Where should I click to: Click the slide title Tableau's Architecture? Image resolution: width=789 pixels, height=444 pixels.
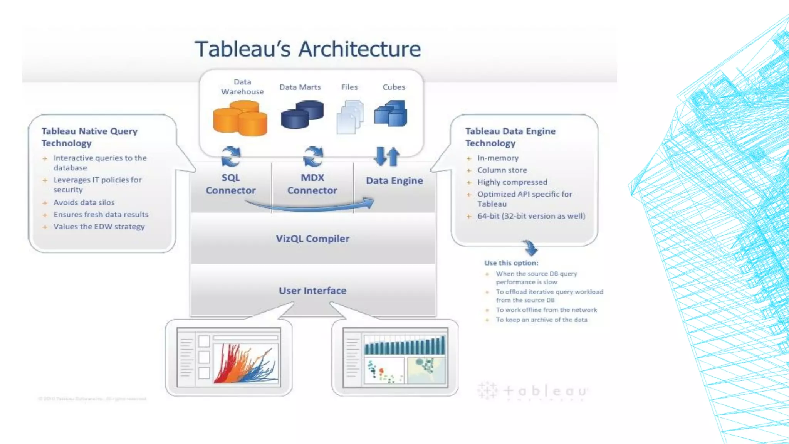click(307, 49)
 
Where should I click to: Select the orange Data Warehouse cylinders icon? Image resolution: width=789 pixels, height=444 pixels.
click(240, 118)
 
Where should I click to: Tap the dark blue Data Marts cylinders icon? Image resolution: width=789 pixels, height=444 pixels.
click(302, 114)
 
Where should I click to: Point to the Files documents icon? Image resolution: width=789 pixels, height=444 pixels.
click(350, 117)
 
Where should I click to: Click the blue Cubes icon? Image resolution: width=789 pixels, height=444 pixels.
click(391, 113)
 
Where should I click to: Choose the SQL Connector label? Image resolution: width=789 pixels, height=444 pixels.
click(230, 184)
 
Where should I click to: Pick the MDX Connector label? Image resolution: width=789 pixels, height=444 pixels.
click(312, 184)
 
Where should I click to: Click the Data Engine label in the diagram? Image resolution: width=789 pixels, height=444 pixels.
click(394, 180)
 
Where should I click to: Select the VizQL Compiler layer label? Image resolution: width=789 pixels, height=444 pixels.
click(312, 239)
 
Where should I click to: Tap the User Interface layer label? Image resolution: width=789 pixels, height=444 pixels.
click(312, 291)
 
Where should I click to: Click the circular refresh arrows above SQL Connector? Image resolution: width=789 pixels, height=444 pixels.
click(231, 156)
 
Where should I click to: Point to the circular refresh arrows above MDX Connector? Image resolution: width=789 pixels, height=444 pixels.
click(313, 156)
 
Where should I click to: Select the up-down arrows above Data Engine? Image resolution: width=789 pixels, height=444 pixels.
click(387, 156)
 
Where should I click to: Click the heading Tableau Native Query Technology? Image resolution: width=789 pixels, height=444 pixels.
click(89, 137)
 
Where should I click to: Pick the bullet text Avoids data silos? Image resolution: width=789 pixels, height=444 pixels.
click(84, 202)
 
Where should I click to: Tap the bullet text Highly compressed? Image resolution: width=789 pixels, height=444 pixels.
click(512, 182)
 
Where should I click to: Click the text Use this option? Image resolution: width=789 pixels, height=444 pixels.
click(511, 263)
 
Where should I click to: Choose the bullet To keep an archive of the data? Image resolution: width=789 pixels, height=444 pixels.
click(541, 320)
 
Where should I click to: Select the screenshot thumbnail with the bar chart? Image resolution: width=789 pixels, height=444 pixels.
click(395, 357)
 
